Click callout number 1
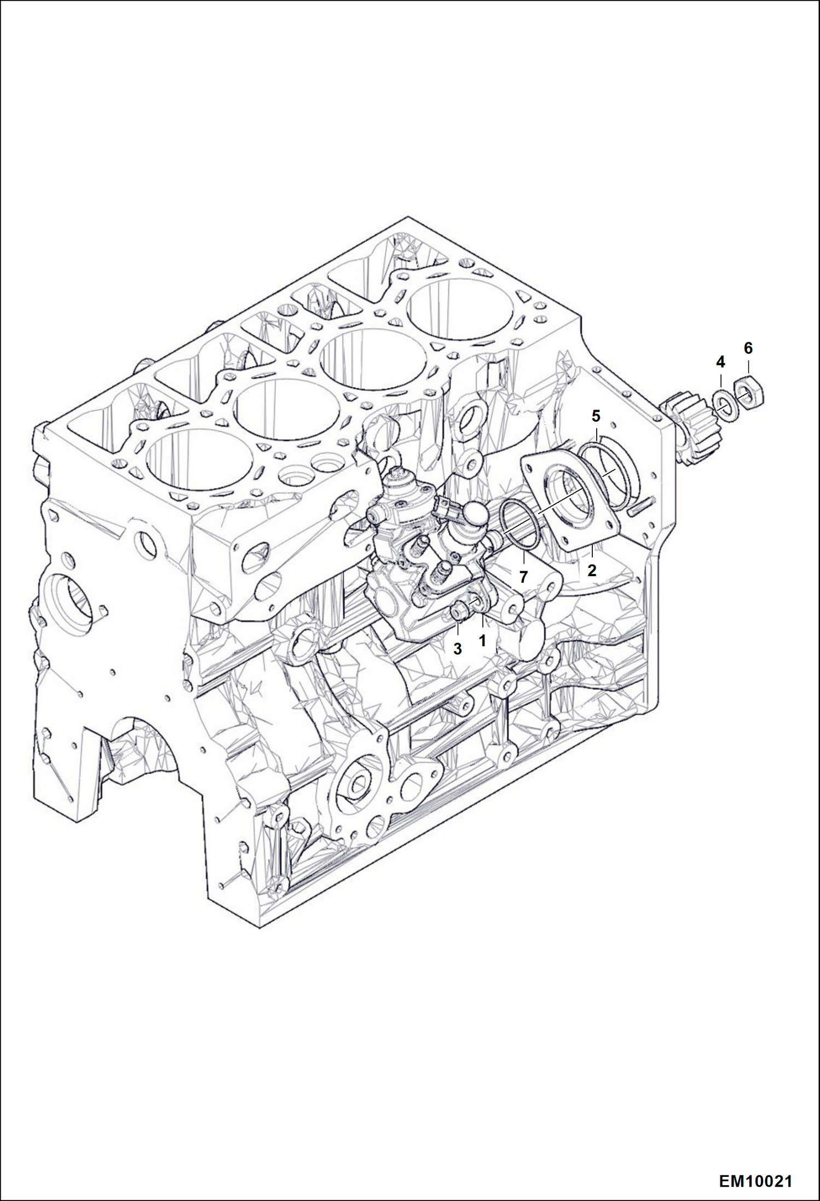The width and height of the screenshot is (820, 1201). [482, 640]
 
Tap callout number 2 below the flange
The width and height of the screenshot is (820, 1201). [592, 571]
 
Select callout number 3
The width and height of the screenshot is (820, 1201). [458, 649]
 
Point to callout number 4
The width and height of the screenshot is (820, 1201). [720, 362]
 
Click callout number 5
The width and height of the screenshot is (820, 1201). [596, 416]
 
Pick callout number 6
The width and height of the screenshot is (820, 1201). [748, 348]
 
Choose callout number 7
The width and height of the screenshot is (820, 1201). [523, 577]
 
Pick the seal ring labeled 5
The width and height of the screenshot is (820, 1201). [610, 471]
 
